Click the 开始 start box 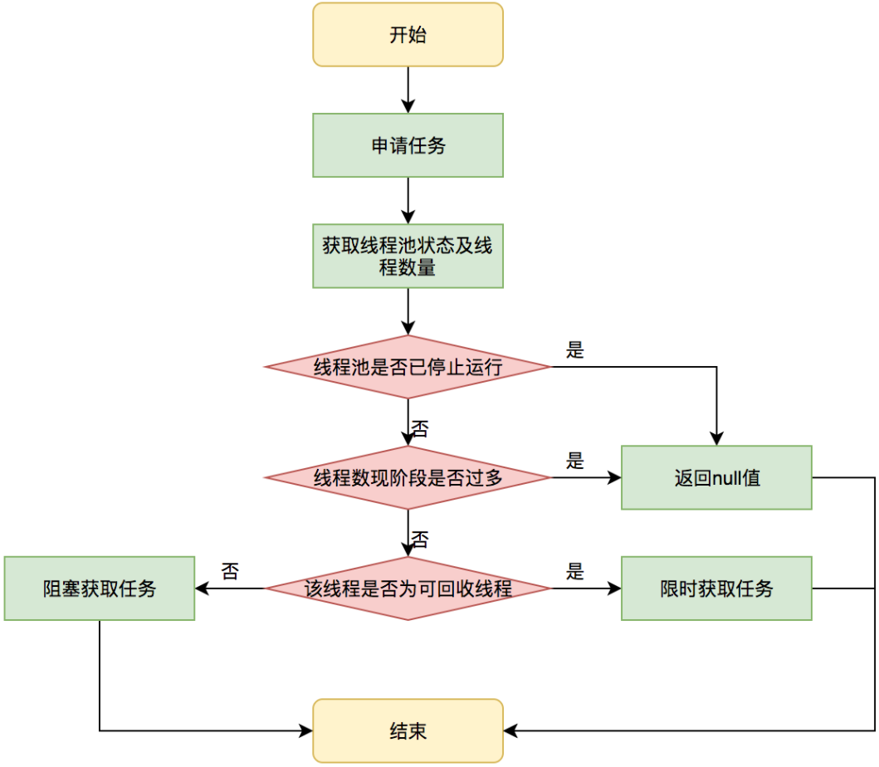408,35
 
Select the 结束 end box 408,730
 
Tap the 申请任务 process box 408,145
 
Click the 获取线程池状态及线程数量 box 408,256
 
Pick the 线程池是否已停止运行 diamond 408,367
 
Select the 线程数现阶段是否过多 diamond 408,477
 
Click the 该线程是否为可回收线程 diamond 408,589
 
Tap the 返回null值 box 716,477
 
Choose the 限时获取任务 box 716,589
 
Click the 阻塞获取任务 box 100,589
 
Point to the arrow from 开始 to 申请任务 408,90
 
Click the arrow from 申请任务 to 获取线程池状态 408,201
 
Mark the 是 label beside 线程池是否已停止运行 575,349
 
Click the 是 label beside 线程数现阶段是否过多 575,461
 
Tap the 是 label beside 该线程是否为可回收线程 575,571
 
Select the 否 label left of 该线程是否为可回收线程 230,571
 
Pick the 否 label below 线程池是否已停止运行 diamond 420,429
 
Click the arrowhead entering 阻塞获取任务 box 202,589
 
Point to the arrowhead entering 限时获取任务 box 614,589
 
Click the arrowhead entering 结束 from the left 305,730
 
